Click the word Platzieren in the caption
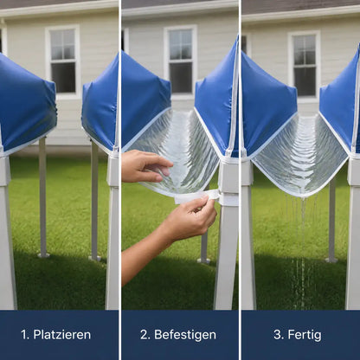click(x=62, y=335)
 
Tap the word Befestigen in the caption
click(x=185, y=335)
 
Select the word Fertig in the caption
click(x=305, y=335)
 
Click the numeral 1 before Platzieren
click(x=24, y=335)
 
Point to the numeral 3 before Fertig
click(x=278, y=335)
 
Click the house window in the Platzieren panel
click(x=63, y=61)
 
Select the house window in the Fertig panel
click(x=305, y=65)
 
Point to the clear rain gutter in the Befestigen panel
click(x=176, y=153)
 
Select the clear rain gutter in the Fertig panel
click(x=300, y=154)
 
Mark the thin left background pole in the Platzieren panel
click(x=42, y=197)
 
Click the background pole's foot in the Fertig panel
click(x=331, y=260)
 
